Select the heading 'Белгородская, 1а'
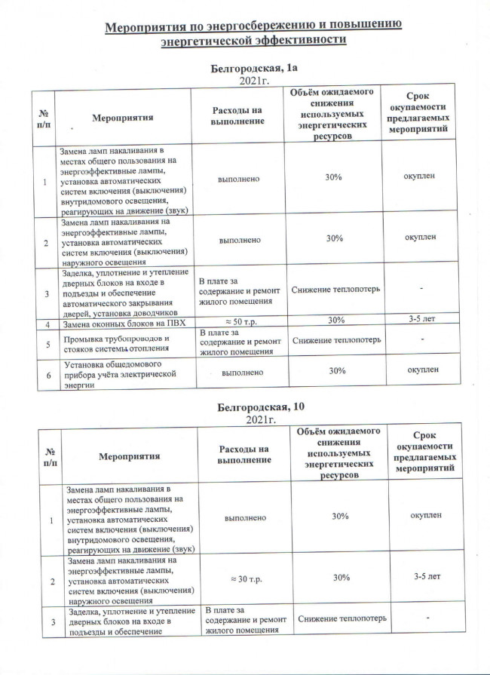click(x=256, y=69)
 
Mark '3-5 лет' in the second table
click(x=427, y=577)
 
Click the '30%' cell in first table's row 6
click(x=335, y=371)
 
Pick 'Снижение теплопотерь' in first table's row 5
click(x=335, y=341)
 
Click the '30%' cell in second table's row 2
click(x=340, y=577)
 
